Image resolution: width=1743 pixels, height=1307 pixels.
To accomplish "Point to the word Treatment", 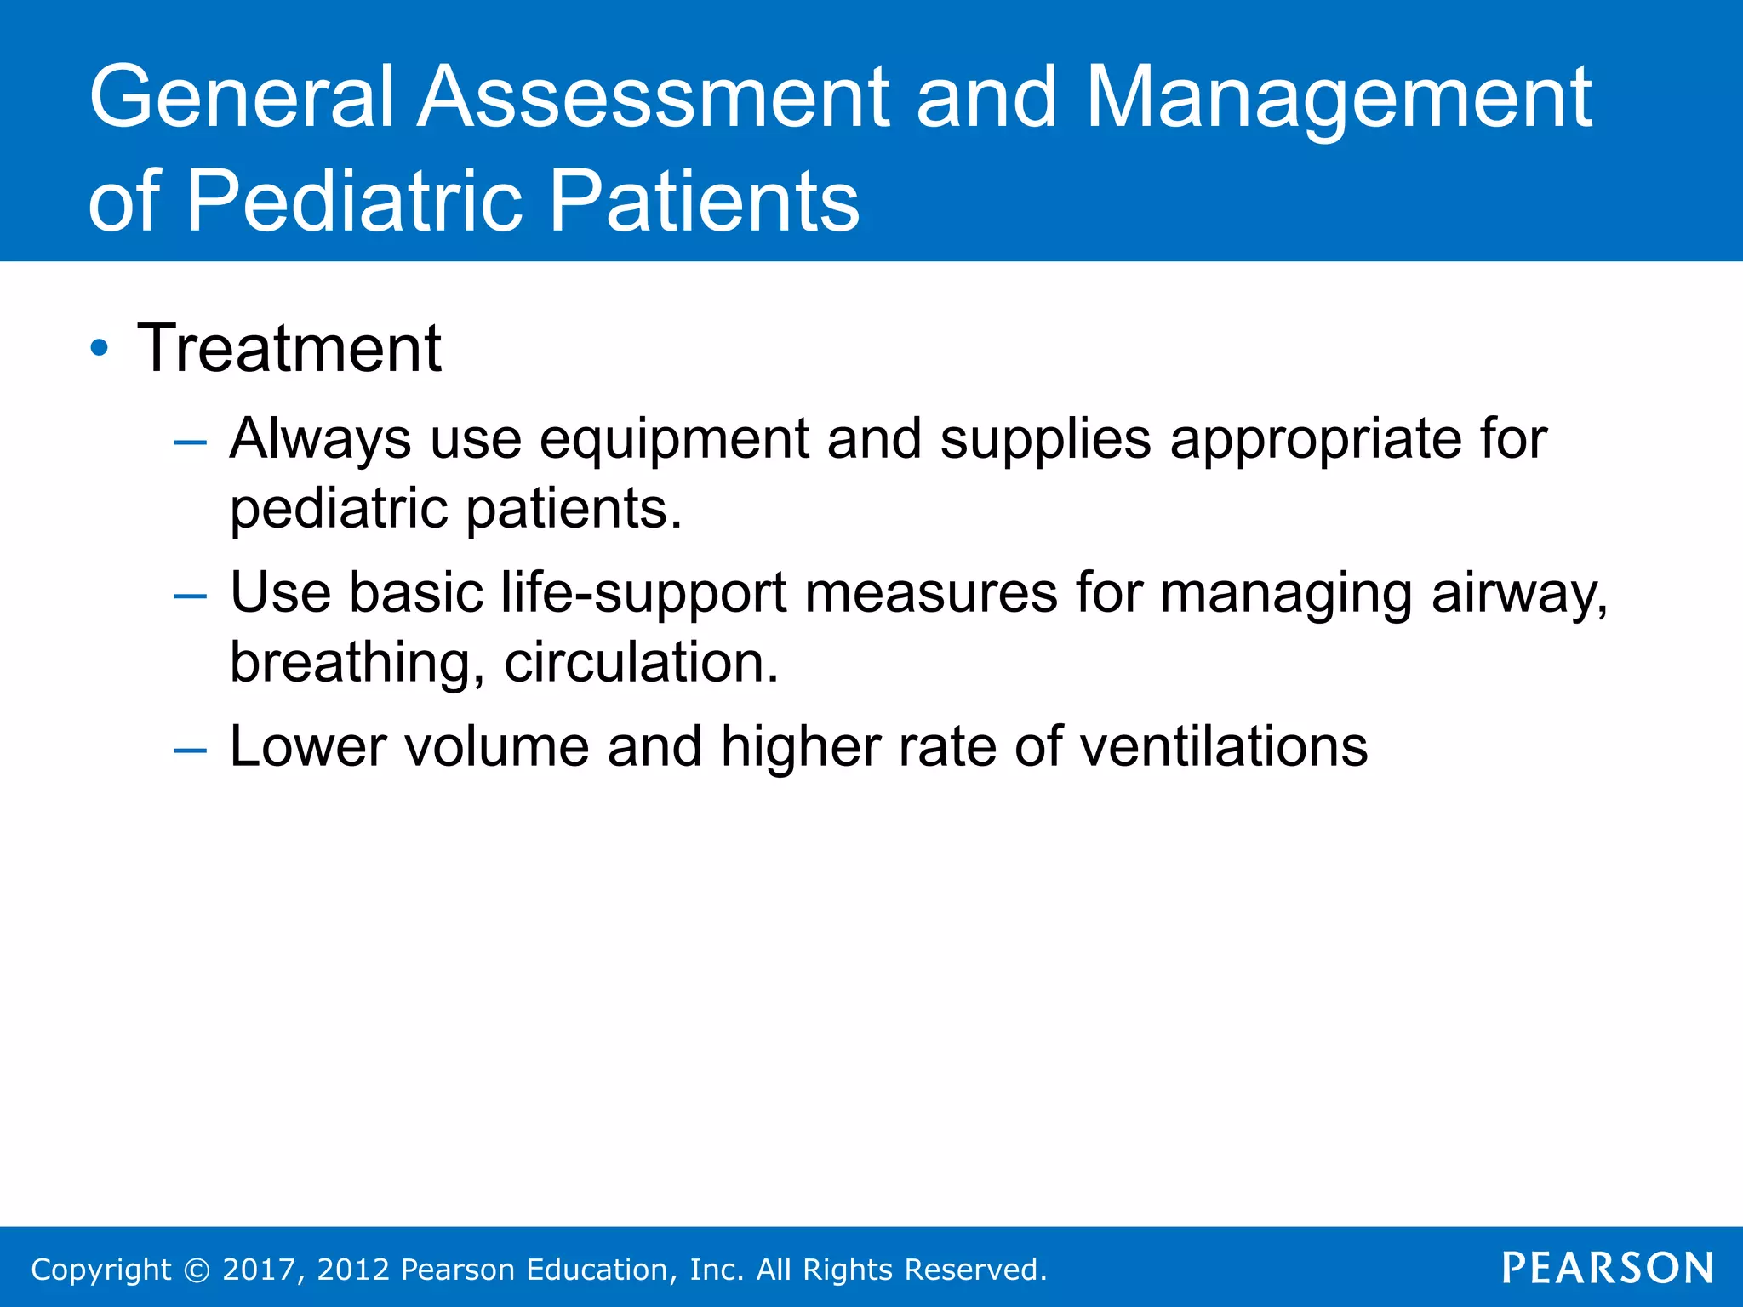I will click(x=289, y=349).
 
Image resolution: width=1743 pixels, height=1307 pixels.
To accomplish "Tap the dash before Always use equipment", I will click(x=189, y=442).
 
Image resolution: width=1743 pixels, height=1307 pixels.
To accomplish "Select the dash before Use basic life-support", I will click(x=189, y=596).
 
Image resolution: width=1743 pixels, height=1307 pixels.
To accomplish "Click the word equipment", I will click(x=674, y=441).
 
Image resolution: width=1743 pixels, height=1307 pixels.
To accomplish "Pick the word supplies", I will click(x=1045, y=441).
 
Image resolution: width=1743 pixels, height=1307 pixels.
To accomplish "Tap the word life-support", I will click(x=643, y=593).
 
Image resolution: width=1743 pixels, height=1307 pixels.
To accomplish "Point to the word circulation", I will click(x=640, y=663).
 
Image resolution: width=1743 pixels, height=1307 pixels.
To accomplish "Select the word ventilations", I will click(x=1223, y=747).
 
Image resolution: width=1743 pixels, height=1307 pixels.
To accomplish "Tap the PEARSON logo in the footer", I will click(x=1607, y=1268).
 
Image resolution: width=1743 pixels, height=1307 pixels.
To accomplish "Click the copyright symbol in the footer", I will click(x=197, y=1270).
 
